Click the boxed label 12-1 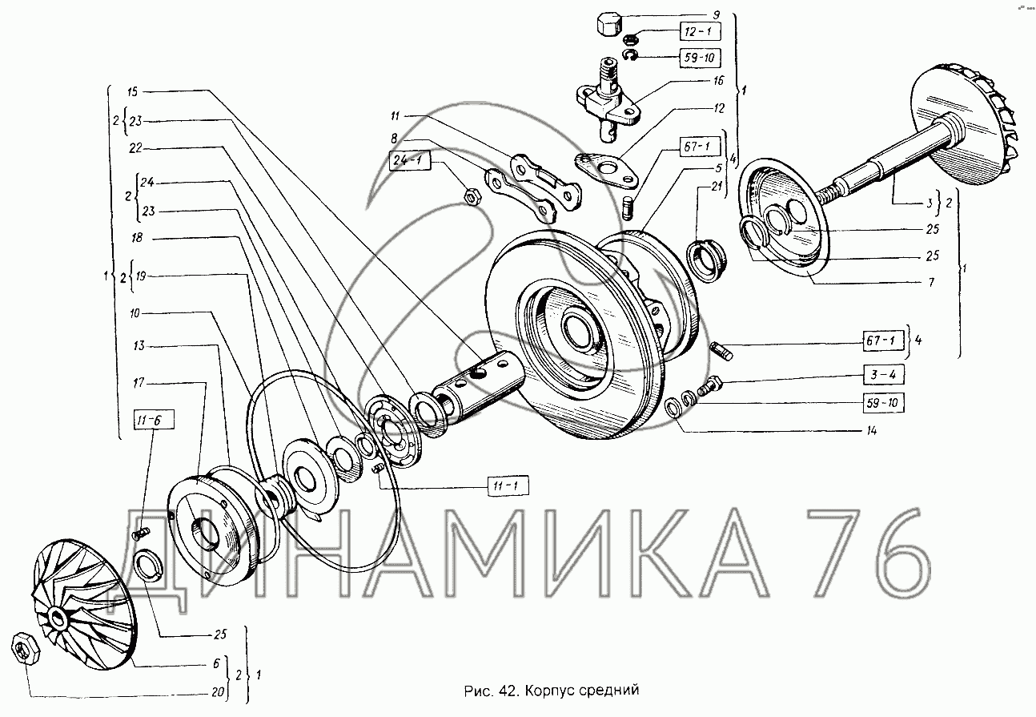pos(701,31)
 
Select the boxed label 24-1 pos(410,160)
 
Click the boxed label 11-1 pos(508,486)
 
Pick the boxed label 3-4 pos(883,374)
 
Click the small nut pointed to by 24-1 pos(472,196)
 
